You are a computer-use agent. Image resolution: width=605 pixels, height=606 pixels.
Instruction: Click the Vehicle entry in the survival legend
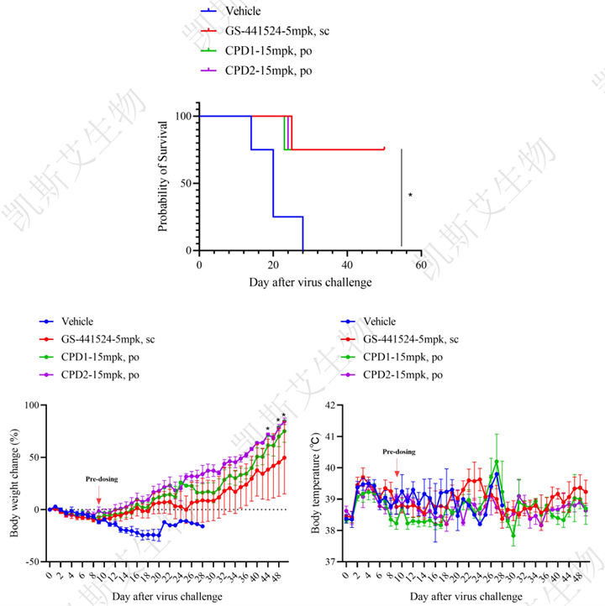tap(243, 12)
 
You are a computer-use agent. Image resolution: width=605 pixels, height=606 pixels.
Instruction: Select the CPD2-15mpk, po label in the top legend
tap(268, 71)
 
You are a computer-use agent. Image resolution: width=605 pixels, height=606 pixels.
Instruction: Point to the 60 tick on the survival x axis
tap(420, 263)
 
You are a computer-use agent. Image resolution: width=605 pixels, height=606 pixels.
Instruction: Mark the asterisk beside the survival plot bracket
tap(410, 196)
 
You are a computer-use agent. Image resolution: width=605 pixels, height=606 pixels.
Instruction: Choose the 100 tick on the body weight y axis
tap(33, 405)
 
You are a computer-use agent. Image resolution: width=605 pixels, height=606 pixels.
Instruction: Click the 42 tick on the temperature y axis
tap(328, 405)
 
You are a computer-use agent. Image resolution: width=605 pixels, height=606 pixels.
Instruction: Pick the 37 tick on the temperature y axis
tap(328, 562)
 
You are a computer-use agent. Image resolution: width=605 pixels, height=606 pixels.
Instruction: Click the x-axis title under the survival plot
tap(310, 283)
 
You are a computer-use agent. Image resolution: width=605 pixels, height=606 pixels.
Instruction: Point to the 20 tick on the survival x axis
tap(273, 263)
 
